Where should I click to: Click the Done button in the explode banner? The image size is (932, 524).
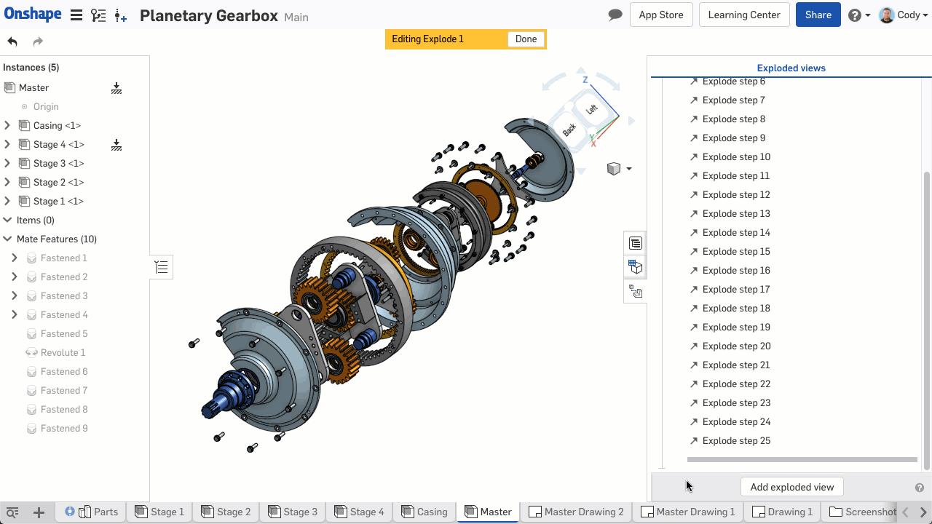point(526,39)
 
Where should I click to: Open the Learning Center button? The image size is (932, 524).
point(743,15)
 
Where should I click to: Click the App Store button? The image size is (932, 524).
point(660,15)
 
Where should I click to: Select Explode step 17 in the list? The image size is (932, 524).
point(735,290)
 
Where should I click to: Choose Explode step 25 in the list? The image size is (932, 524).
point(735,441)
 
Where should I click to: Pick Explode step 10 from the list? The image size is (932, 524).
point(735,157)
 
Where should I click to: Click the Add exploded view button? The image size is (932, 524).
point(791,488)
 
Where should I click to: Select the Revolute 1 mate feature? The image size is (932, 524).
point(63,353)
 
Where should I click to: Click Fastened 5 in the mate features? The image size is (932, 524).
point(64,334)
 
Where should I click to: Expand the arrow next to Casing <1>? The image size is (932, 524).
point(7,126)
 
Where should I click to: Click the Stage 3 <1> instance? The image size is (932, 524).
point(58,164)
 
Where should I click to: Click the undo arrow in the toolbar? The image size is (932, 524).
point(12,41)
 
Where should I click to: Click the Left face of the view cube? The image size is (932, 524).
point(591,109)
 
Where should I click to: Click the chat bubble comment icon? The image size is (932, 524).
point(615,15)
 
